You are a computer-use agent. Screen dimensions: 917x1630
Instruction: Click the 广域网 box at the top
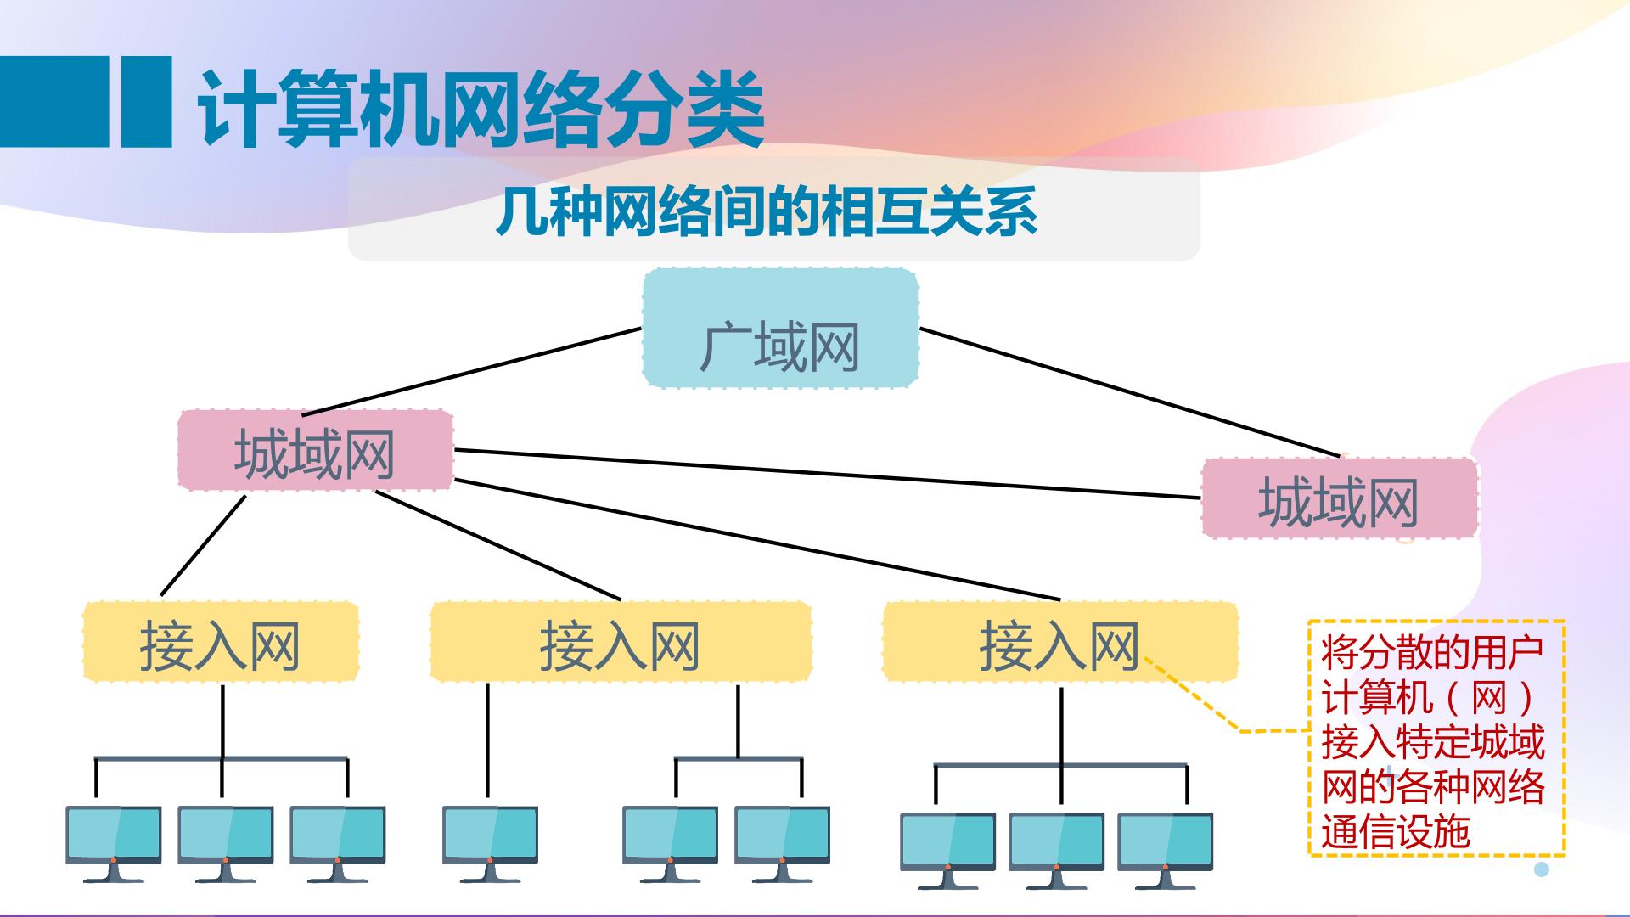[780, 329]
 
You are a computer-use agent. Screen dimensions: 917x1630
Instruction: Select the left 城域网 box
[315, 450]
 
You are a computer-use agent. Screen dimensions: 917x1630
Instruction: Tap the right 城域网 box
[1339, 498]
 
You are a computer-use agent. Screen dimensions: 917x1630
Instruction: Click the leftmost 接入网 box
[220, 643]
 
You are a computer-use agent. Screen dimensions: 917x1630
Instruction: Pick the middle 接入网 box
[621, 643]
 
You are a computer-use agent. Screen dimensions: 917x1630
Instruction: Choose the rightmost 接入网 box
[1059, 643]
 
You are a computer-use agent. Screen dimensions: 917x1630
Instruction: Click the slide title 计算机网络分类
[481, 108]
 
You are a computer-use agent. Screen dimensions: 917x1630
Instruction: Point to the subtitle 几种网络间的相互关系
[767, 211]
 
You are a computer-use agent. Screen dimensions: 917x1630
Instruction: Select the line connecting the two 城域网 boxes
[828, 474]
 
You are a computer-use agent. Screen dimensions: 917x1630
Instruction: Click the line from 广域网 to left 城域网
[471, 371]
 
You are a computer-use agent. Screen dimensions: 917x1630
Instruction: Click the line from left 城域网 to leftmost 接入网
[203, 545]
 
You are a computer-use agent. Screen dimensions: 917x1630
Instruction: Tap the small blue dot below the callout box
[1542, 869]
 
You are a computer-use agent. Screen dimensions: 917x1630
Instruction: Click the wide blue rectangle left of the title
[53, 101]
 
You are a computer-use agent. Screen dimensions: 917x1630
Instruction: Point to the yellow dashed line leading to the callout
[1206, 700]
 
